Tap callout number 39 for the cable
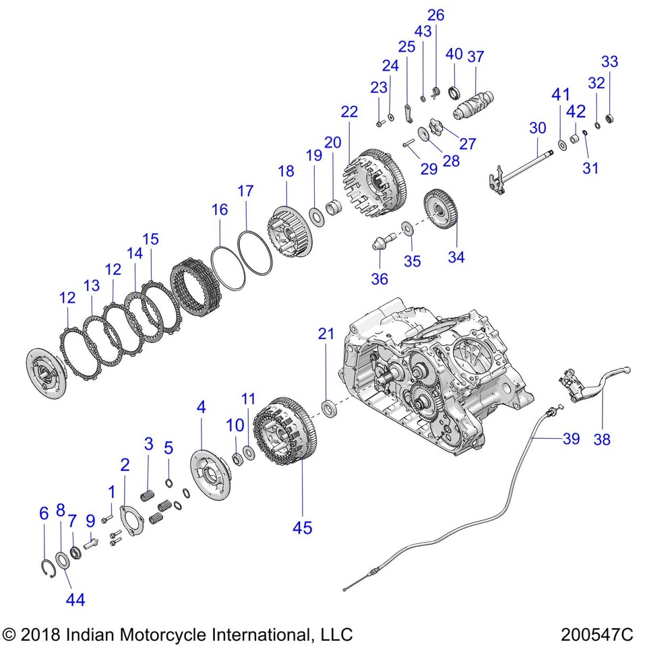coord(571,439)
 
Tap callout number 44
coord(75,598)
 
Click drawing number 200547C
coord(596,634)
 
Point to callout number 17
coord(245,191)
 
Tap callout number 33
coord(609,61)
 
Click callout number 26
coord(436,15)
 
